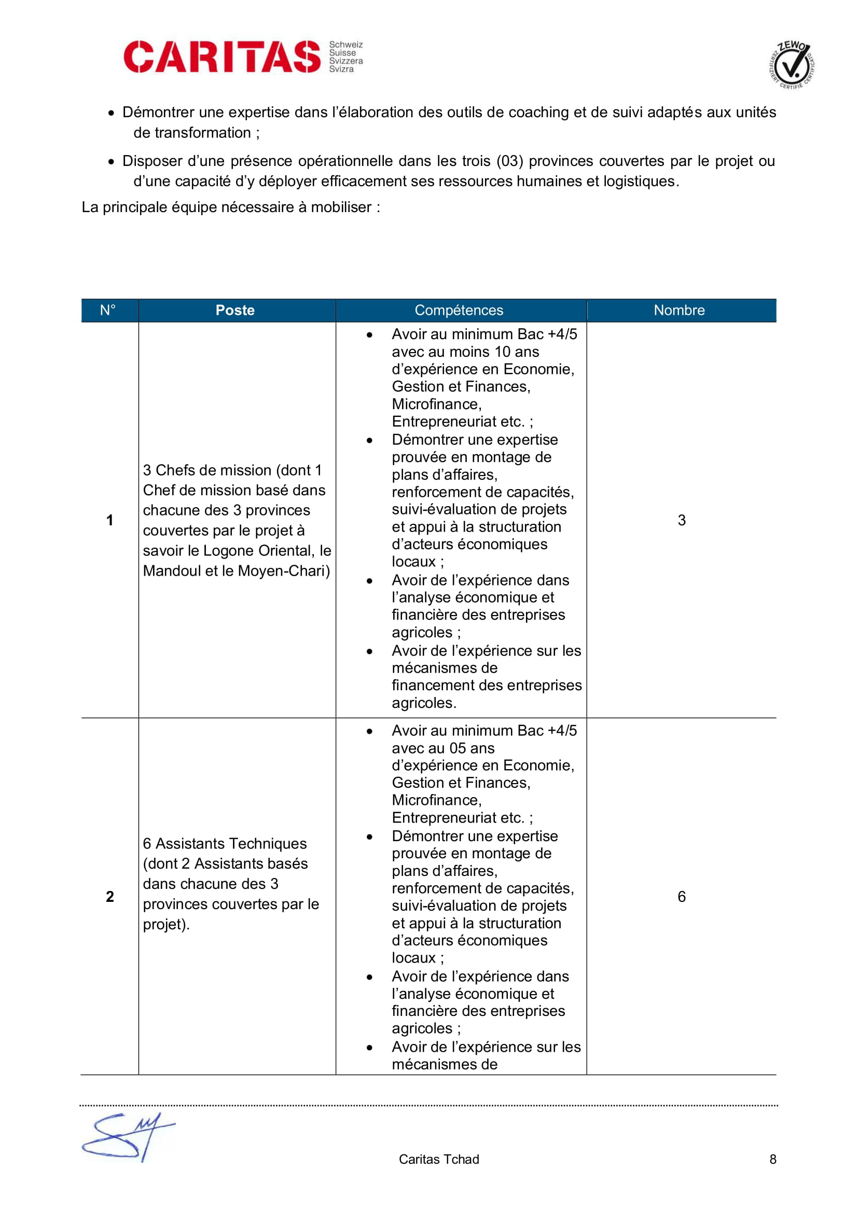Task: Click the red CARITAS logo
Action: [222, 57]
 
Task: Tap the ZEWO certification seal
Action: [791, 65]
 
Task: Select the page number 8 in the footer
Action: [772, 1159]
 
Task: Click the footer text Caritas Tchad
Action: [438, 1159]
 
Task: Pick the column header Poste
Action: [235, 310]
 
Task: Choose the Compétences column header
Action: [459, 310]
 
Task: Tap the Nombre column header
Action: [679, 310]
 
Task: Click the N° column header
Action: [108, 310]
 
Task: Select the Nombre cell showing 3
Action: [682, 520]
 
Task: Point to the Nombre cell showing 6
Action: [682, 897]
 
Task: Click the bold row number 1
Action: [110, 520]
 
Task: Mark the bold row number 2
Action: [110, 897]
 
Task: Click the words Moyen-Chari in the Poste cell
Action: [284, 571]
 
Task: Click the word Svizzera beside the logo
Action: [346, 61]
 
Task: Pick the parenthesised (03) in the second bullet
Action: [509, 161]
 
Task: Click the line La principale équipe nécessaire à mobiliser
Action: [230, 207]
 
